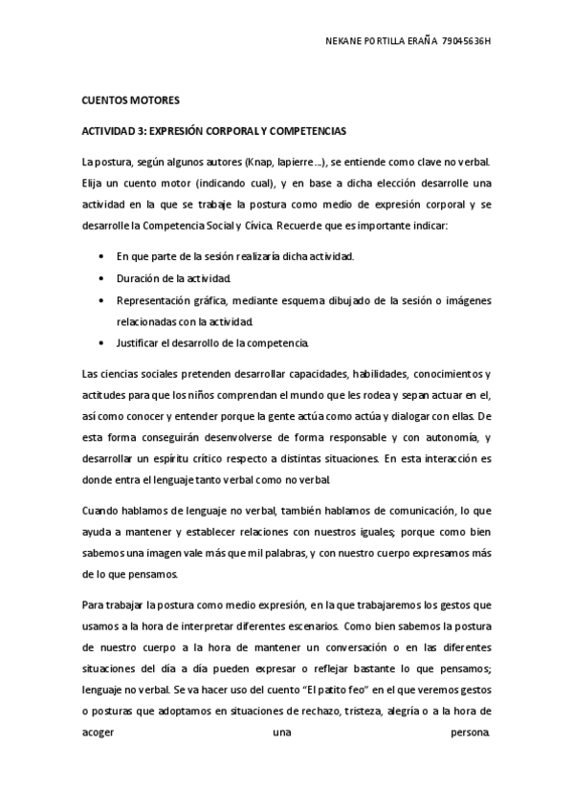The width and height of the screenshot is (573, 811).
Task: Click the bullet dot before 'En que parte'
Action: click(102, 257)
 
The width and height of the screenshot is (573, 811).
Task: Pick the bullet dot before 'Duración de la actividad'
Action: click(102, 278)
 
